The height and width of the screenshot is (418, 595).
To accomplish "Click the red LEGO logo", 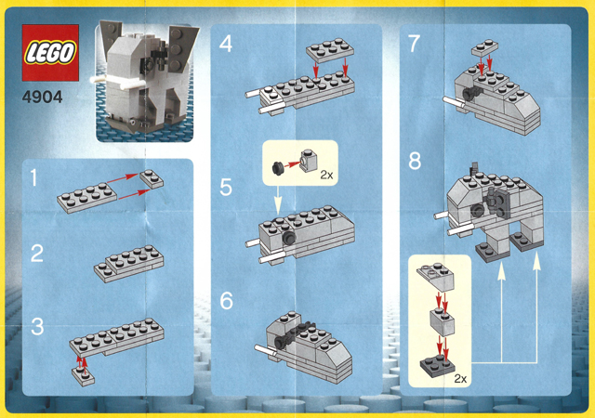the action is [x=50, y=53].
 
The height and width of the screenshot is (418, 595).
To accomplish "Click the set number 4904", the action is [x=42, y=98].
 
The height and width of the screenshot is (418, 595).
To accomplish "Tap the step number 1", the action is [x=34, y=178].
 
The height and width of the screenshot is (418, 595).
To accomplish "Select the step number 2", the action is [x=37, y=254].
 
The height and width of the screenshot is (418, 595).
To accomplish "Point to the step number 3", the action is [x=37, y=327].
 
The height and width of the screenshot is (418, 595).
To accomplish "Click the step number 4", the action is [x=225, y=44].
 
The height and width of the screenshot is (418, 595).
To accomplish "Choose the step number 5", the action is [x=226, y=188].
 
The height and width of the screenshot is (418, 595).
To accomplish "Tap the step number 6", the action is [x=226, y=300].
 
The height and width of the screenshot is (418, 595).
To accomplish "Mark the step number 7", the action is [x=414, y=44].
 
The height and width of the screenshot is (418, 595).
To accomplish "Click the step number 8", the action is [x=415, y=161].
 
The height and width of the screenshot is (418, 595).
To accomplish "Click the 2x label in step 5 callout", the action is [x=326, y=175].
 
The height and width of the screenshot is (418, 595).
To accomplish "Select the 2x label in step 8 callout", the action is [x=460, y=379].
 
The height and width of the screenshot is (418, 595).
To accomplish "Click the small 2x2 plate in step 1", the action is [x=152, y=178].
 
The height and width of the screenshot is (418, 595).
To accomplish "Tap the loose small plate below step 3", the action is [x=83, y=375].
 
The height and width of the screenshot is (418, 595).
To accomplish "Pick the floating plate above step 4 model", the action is [x=330, y=49].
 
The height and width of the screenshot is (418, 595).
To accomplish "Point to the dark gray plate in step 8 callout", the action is [x=438, y=364].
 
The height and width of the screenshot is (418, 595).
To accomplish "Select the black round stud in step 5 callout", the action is [x=278, y=167].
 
